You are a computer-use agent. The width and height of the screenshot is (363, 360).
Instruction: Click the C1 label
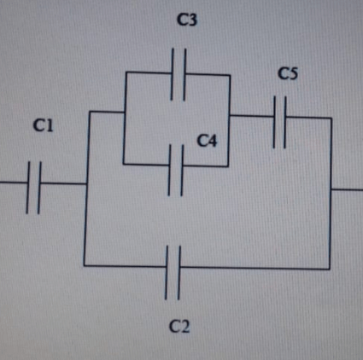pos(44,125)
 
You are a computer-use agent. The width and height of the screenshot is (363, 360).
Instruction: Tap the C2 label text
pos(179,326)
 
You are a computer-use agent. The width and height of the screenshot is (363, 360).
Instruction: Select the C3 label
pos(187,20)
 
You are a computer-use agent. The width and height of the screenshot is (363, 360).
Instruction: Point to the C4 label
pos(207,141)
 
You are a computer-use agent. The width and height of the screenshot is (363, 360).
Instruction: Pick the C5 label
pos(288,73)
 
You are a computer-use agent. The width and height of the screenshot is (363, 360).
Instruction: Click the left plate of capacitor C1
pos(28,188)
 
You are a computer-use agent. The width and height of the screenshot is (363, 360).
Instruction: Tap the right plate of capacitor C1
pos(39,188)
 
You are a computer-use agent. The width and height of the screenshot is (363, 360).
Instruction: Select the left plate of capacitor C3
pos(172,74)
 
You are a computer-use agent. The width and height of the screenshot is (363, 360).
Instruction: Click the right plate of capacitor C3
pos(184,74)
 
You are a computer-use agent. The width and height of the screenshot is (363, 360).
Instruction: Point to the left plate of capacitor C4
pos(170,170)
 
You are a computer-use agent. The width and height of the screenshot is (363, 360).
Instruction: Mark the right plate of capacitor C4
pos(182,170)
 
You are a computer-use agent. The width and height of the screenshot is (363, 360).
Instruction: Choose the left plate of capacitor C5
pos(274,122)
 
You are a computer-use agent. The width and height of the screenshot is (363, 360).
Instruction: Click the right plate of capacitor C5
pos(285,122)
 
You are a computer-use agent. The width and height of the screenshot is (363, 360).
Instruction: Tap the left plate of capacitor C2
pos(167,273)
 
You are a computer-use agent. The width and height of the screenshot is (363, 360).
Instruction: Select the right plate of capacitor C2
pos(179,273)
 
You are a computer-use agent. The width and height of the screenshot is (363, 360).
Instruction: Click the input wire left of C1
pos(14,182)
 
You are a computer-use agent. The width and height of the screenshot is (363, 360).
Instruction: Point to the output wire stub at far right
pos(347,189)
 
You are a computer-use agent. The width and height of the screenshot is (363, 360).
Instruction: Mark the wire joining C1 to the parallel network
pos(63,183)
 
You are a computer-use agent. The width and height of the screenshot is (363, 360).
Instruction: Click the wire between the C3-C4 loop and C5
pos(252,116)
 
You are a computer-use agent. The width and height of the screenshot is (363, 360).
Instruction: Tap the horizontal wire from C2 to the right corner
pos(255,268)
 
